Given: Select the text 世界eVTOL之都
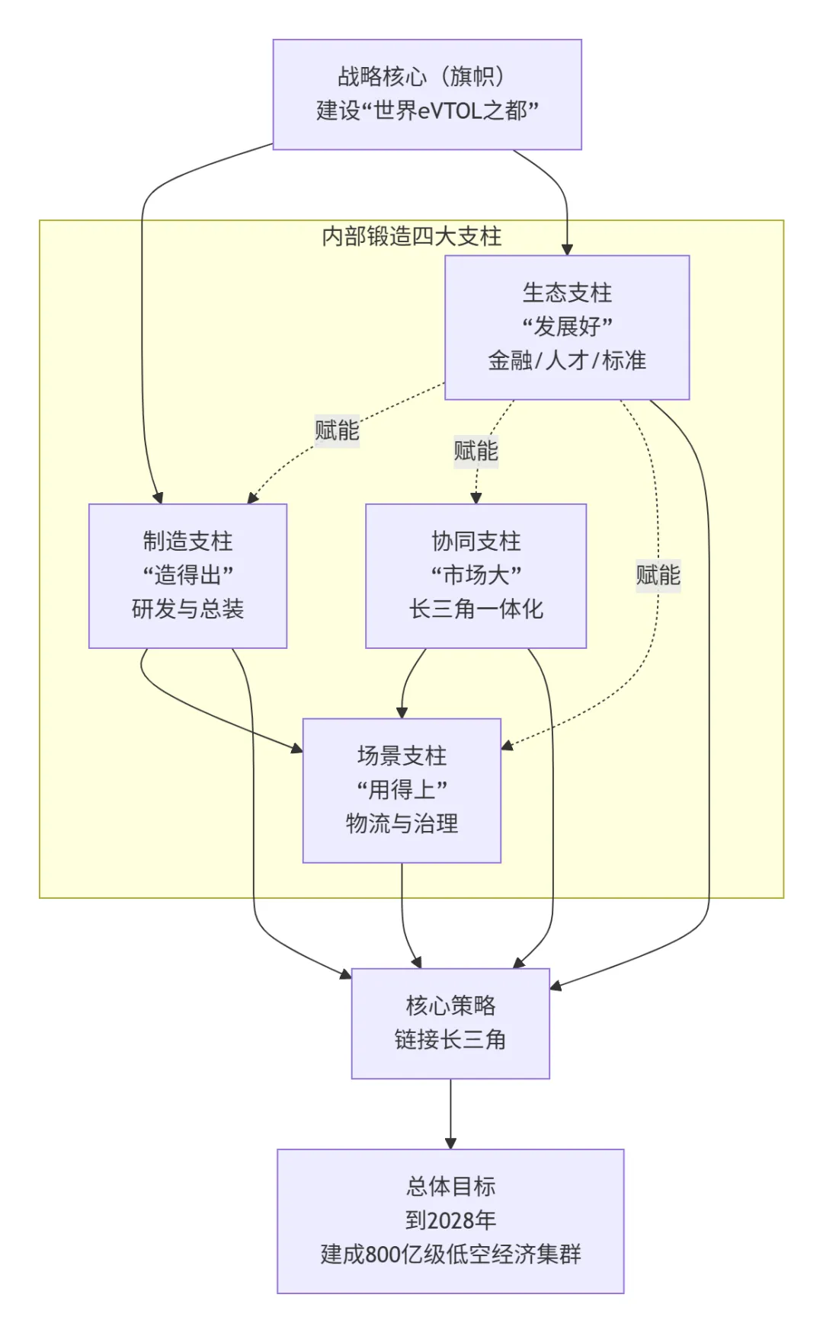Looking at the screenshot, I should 442,111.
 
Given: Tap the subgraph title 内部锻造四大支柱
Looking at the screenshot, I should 411,236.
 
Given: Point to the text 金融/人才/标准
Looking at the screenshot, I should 567,360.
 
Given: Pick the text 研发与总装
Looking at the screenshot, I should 187,609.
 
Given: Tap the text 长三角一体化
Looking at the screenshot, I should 476,609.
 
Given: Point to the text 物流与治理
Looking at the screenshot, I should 402,823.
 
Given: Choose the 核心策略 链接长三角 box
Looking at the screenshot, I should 450,1023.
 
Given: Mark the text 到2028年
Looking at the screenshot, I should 450,1220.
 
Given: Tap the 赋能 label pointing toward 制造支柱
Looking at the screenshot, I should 337,430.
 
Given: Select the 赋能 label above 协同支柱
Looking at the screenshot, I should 476,451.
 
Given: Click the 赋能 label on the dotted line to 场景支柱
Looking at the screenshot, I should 658,574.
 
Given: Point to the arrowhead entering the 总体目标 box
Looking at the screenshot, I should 450,1143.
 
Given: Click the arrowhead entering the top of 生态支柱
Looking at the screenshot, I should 567,249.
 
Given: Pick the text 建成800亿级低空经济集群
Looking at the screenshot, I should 450,1254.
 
